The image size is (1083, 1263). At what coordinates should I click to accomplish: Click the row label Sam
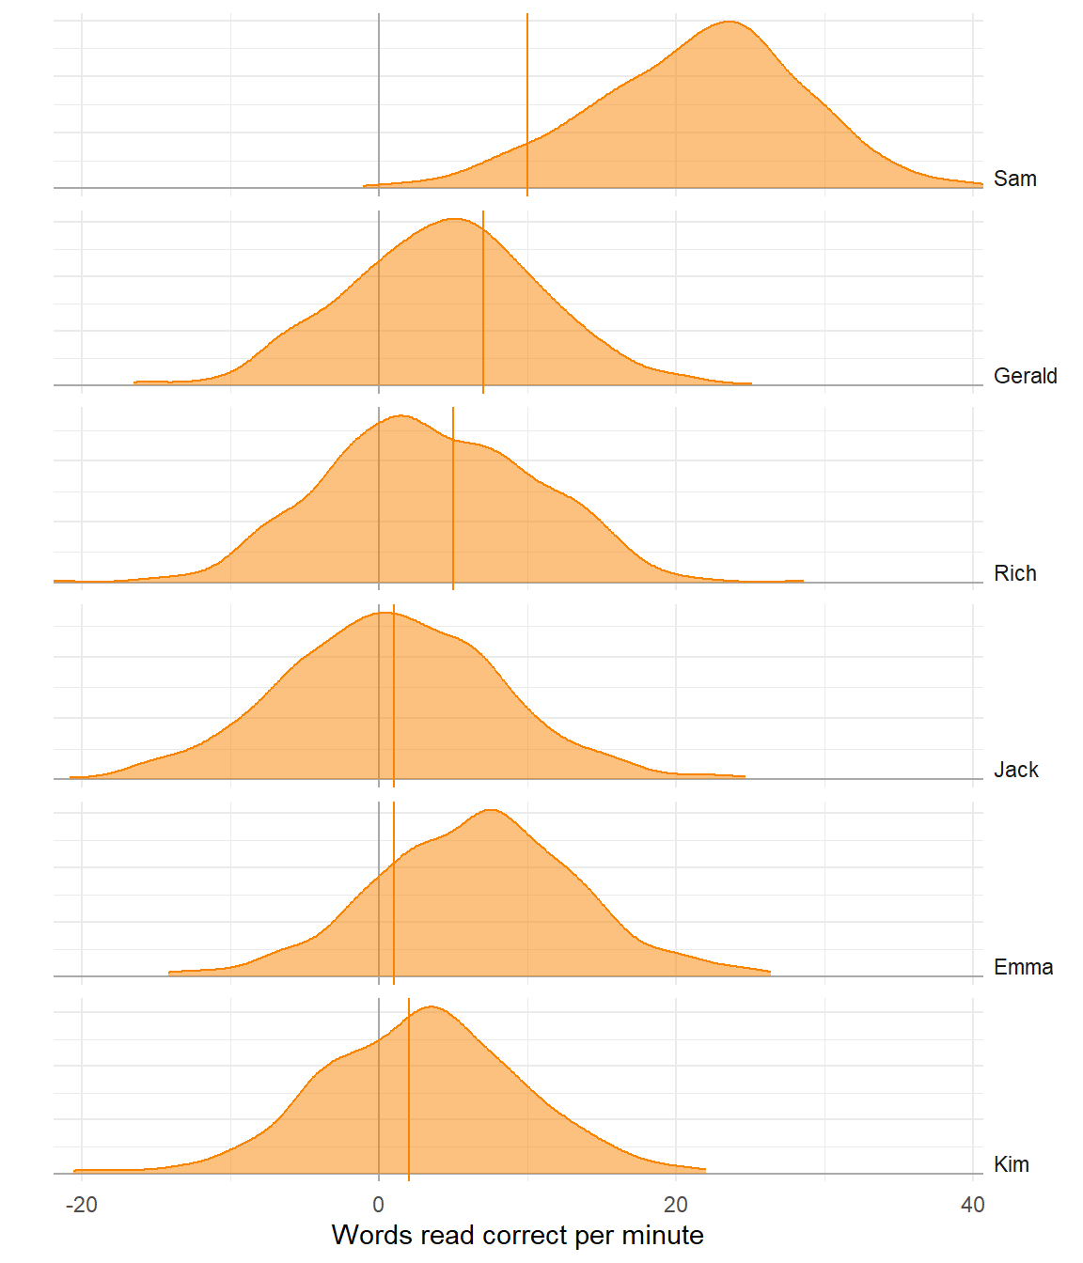(x=1014, y=179)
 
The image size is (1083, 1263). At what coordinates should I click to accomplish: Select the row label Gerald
(x=1025, y=376)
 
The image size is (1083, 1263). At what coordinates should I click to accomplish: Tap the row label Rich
(x=1014, y=573)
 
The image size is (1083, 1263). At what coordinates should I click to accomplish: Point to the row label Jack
(x=1015, y=770)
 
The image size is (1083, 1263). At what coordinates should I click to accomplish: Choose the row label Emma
(x=1023, y=967)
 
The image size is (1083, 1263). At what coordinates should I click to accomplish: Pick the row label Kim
(x=1011, y=1164)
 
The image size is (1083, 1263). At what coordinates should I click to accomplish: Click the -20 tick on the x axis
(x=82, y=1205)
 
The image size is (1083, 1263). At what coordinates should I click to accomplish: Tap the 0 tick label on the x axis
(x=379, y=1205)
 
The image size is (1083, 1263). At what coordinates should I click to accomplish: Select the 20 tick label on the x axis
(x=676, y=1205)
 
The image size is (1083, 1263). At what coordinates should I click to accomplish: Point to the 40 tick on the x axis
(x=972, y=1205)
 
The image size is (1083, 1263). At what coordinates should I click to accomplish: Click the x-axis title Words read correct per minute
(x=517, y=1235)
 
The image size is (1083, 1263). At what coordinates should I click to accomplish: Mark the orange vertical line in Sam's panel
(x=527, y=103)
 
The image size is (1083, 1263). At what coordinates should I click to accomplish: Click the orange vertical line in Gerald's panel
(x=483, y=301)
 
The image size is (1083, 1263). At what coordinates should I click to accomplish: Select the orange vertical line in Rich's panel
(x=453, y=498)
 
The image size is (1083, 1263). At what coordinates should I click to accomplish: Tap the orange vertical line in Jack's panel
(x=394, y=695)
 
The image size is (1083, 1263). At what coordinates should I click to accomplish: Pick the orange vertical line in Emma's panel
(x=394, y=893)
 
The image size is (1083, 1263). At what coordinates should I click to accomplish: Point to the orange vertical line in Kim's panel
(x=409, y=1090)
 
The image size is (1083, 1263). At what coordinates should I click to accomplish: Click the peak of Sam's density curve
(x=730, y=21)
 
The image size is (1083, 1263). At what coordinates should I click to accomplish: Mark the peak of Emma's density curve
(x=491, y=809)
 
